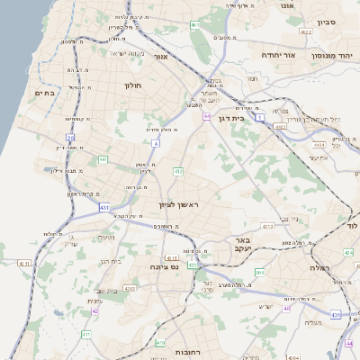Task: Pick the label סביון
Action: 326,20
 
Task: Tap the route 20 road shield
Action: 69,138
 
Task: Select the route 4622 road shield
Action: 307,31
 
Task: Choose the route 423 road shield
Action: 192,265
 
